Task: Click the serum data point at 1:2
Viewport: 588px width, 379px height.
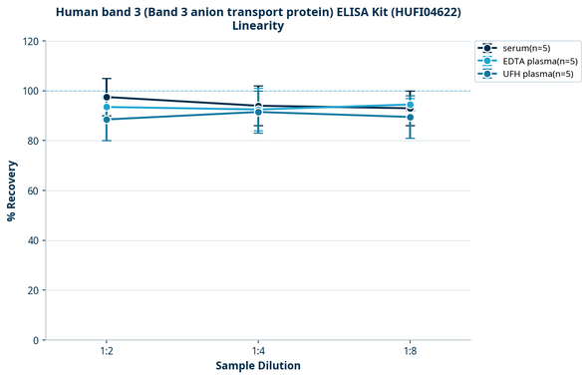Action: point(107,97)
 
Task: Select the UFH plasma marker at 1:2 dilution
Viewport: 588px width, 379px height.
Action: point(107,120)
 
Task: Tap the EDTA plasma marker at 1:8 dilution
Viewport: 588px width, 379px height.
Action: point(411,105)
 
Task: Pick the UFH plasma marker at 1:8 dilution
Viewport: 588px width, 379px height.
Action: point(411,117)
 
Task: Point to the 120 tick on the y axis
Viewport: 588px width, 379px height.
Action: point(30,41)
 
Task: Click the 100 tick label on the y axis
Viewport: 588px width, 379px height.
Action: point(30,91)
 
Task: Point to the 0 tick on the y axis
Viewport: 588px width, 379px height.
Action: point(36,340)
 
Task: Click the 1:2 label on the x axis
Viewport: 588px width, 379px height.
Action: point(107,352)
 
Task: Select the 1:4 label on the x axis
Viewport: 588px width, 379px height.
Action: point(258,352)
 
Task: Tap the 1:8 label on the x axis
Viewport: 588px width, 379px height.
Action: point(411,352)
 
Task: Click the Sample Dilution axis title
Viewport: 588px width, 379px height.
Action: point(258,366)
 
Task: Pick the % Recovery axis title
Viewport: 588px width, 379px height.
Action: point(12,190)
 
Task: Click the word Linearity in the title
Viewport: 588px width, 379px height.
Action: point(258,26)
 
